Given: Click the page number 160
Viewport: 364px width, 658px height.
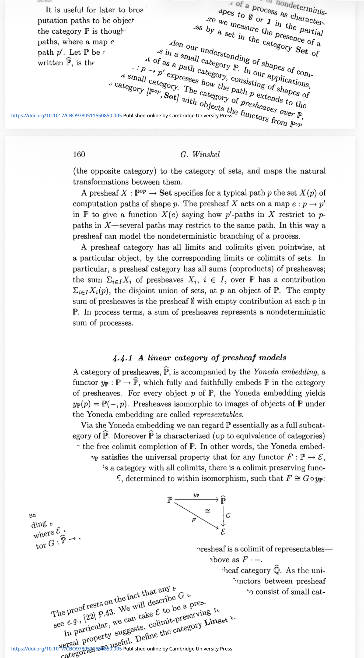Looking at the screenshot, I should [x=79, y=154].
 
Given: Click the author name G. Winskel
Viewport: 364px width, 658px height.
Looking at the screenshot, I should [x=200, y=154].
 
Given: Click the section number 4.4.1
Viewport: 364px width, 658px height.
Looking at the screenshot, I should [x=122, y=358].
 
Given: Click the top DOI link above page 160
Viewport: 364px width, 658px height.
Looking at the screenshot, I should [x=66, y=116].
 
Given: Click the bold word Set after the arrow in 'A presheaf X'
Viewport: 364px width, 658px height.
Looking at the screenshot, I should [x=165, y=193].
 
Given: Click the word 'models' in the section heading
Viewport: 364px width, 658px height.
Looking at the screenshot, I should [x=273, y=358].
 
